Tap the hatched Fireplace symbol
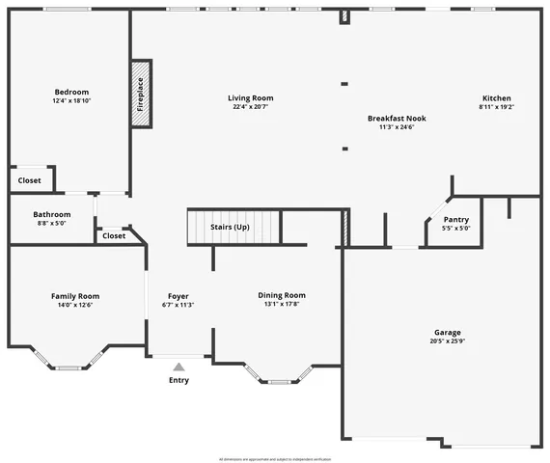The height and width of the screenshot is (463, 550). tap(139, 94)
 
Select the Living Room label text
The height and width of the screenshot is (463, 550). tap(251, 97)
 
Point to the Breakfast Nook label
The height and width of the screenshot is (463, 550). tap(397, 118)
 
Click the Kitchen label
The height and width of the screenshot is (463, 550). tap(497, 97)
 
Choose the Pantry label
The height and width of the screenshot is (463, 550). tap(455, 219)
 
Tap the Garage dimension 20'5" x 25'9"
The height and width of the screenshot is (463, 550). tap(448, 340)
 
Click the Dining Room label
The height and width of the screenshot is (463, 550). tap(282, 295)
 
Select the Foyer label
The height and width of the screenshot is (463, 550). tap(179, 295)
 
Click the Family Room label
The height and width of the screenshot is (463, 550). tap(75, 296)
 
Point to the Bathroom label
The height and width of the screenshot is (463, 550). tap(52, 214)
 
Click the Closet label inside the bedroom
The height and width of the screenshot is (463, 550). tap(29, 180)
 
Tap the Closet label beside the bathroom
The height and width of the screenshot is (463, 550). tap(114, 235)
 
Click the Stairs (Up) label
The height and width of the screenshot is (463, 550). tap(230, 227)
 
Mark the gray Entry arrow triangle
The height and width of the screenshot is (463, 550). tap(179, 367)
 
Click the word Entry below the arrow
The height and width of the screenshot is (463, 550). tap(179, 380)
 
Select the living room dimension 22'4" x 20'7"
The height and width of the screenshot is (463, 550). tap(251, 107)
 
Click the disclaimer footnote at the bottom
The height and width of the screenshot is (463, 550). tap(275, 458)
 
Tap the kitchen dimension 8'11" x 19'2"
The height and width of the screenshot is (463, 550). tap(497, 107)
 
